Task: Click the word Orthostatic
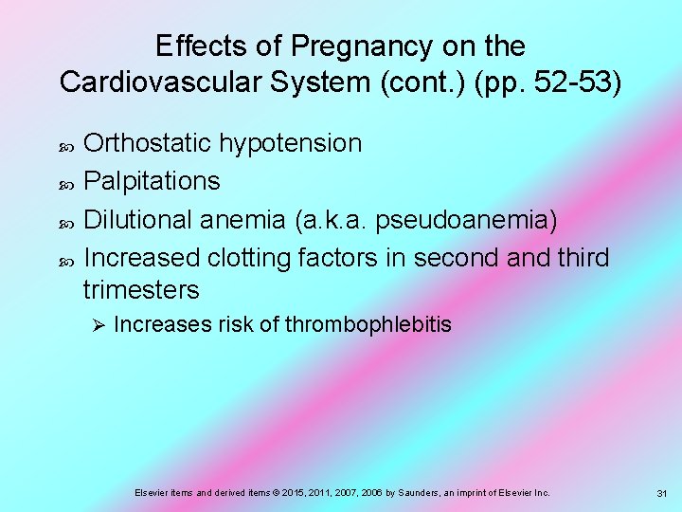click(x=149, y=144)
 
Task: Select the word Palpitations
click(x=153, y=181)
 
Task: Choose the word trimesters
click(x=142, y=289)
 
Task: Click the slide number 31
click(x=661, y=493)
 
